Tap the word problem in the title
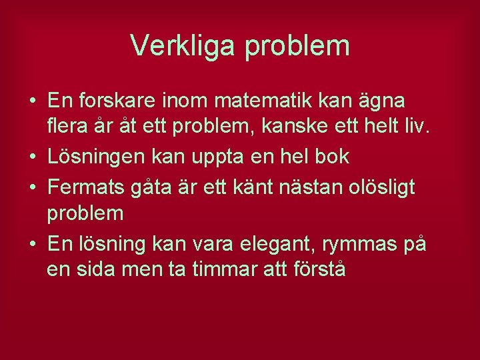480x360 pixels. pyautogui.click(x=297, y=46)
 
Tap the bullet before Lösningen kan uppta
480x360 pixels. pyautogui.click(x=33, y=157)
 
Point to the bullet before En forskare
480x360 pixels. pyautogui.click(x=33, y=102)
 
